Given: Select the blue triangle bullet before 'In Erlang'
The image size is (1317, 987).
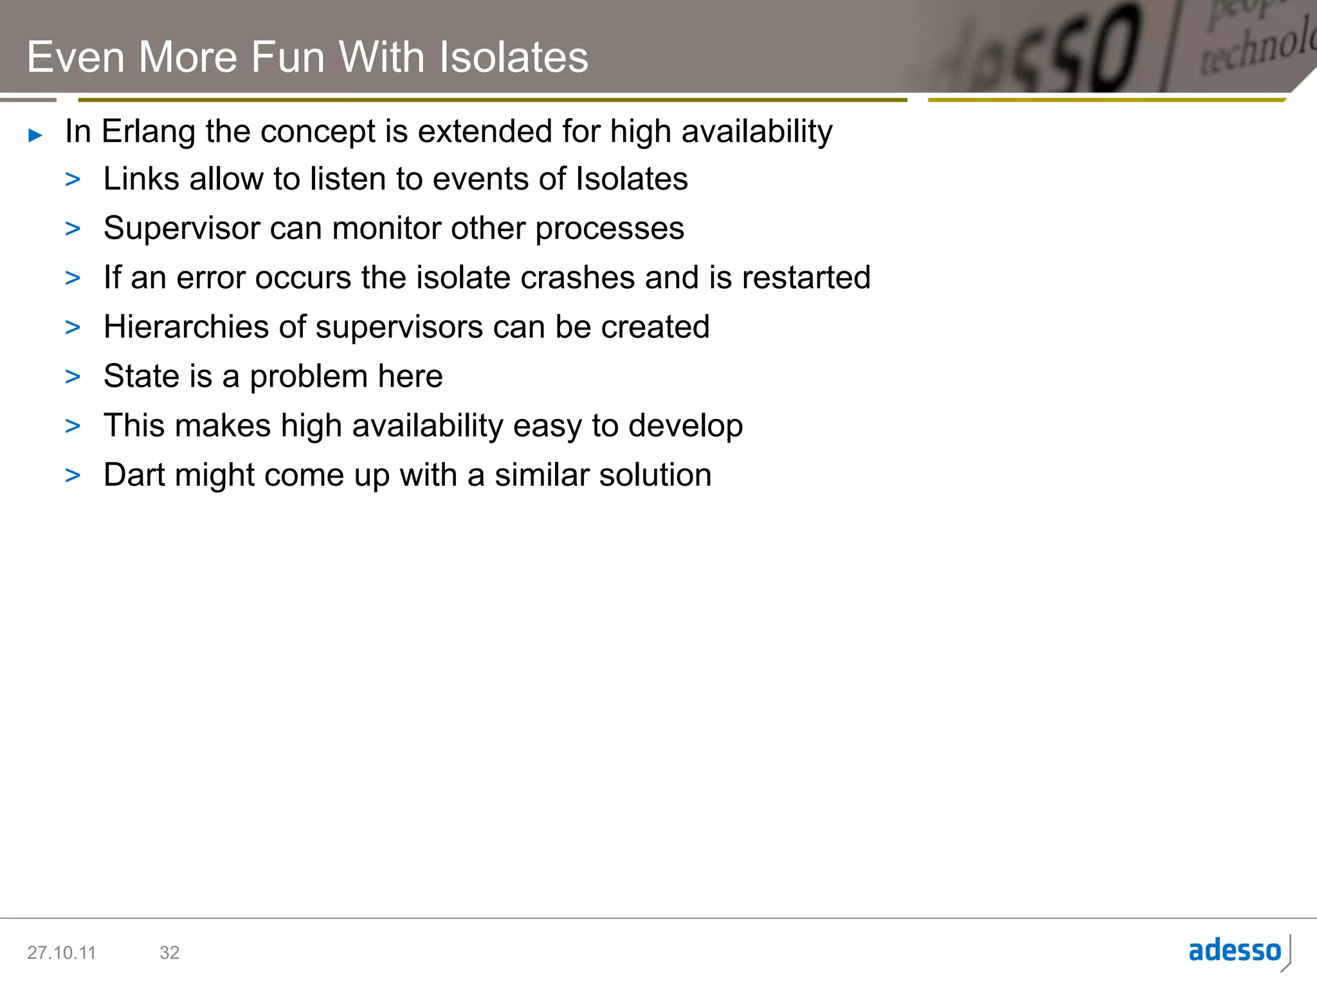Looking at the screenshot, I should coord(35,135).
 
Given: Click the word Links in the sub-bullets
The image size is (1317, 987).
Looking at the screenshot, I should coord(141,179).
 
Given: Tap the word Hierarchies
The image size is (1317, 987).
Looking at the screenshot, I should coord(185,327).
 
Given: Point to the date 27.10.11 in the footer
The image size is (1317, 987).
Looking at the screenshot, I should coord(61,952).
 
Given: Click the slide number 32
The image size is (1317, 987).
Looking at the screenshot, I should coord(169,952).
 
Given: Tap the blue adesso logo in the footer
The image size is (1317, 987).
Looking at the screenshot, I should coord(1235,950).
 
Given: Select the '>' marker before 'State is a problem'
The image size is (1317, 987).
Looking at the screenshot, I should coord(73,377).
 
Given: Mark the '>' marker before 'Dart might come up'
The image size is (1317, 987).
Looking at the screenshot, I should coord(73,476).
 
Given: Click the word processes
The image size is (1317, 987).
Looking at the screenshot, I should coord(609,229).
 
